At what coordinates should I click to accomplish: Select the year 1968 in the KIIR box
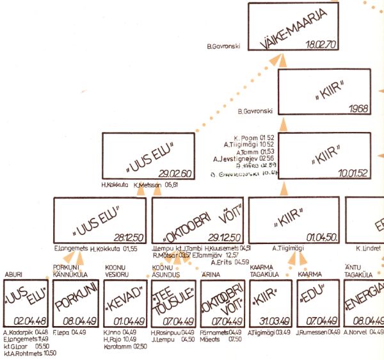click(355, 108)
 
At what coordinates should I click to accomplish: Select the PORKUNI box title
click(76, 302)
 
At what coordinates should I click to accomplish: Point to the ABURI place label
click(13, 275)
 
